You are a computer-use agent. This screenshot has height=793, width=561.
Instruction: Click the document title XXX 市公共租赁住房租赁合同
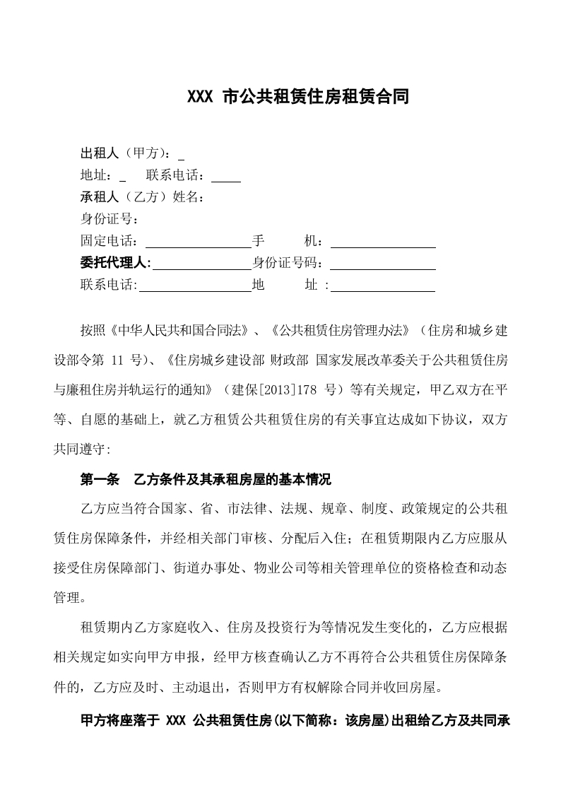pos(297,97)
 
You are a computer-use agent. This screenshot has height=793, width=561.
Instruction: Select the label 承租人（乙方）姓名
pos(143,197)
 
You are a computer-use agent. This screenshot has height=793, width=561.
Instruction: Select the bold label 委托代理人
pos(116,263)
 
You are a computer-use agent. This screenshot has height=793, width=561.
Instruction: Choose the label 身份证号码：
pos(290,263)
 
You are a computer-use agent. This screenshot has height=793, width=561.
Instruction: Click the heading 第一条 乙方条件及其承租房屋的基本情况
pos(206,479)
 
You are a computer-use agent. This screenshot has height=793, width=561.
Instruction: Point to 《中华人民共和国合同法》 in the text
pos(179,331)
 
